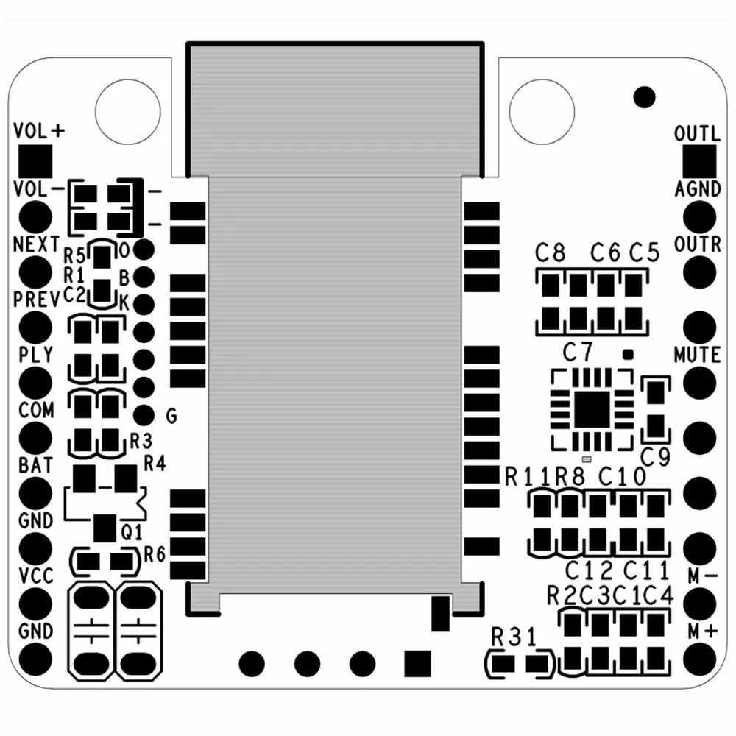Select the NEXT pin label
[x=36, y=244]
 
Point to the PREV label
[x=36, y=300]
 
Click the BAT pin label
[x=35, y=465]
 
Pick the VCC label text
[x=35, y=576]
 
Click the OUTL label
[x=697, y=134]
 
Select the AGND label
[x=698, y=189]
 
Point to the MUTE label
[x=697, y=355]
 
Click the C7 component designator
[x=577, y=352]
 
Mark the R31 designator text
[x=514, y=637]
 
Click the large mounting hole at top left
[x=127, y=110]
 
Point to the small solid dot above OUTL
[x=644, y=96]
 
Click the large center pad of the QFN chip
[x=592, y=409]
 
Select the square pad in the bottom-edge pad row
[x=417, y=662]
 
